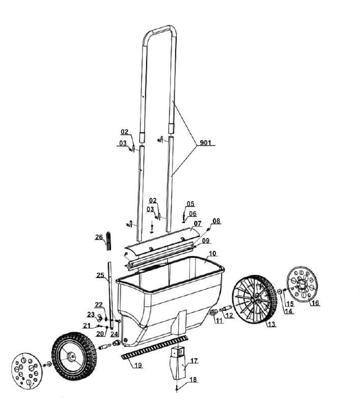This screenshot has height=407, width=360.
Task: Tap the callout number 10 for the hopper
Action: point(212,253)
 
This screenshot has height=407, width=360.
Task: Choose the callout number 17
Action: point(193,360)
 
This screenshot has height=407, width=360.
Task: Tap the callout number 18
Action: point(193,380)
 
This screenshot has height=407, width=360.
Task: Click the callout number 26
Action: point(99,237)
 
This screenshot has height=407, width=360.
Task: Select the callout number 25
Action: point(101,275)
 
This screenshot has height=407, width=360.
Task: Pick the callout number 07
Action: point(197,223)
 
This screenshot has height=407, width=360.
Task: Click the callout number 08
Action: point(216,221)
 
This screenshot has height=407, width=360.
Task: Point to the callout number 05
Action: point(190,203)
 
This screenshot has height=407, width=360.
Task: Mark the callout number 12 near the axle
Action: point(229,316)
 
